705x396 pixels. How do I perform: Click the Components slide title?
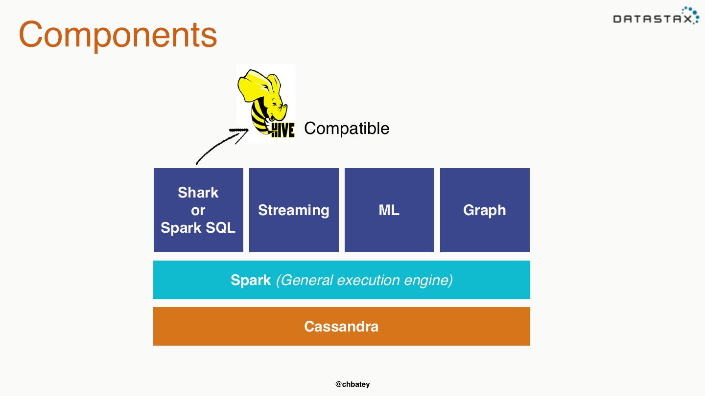(118, 34)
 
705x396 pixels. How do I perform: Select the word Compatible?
(347, 129)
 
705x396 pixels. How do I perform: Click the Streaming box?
(294, 210)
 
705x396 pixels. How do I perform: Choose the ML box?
(389, 210)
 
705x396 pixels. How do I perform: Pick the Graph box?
(485, 210)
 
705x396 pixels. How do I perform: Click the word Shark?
(198, 193)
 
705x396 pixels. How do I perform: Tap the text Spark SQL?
(198, 228)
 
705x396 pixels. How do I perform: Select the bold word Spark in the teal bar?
(251, 280)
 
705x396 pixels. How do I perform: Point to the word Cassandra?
(341, 327)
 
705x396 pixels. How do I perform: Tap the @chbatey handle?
(352, 384)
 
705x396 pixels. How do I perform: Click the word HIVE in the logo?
(282, 130)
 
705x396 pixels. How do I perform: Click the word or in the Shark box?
(198, 210)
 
